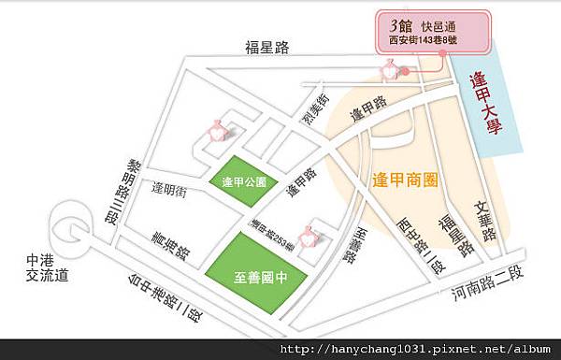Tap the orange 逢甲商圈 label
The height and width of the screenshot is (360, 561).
tap(406, 178)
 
